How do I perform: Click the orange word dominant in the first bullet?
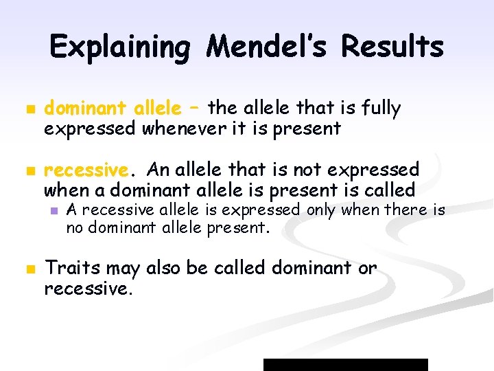(85, 109)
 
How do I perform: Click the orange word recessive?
(86, 170)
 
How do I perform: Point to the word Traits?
(71, 269)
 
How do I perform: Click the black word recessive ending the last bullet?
(87, 289)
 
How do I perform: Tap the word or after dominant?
(367, 269)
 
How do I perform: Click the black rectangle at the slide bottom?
(346, 364)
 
